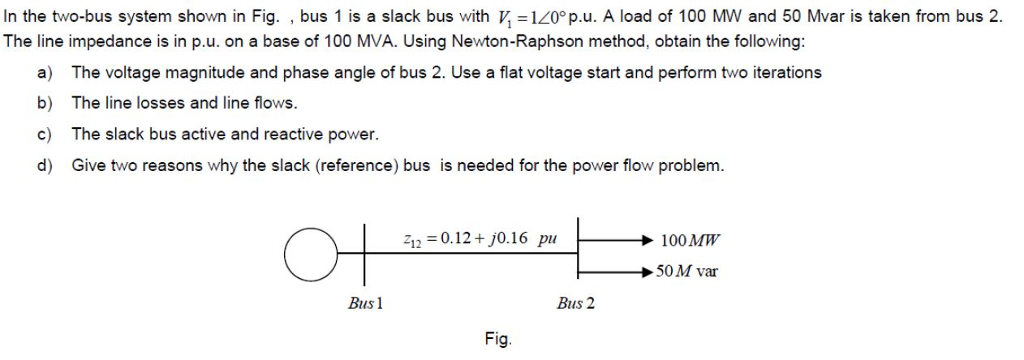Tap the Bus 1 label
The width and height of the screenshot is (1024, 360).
pos(364,303)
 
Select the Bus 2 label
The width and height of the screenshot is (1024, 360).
pos(576,303)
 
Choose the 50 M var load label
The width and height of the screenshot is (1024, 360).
pos(686,271)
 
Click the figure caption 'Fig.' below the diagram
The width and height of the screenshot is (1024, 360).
pos(498,339)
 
